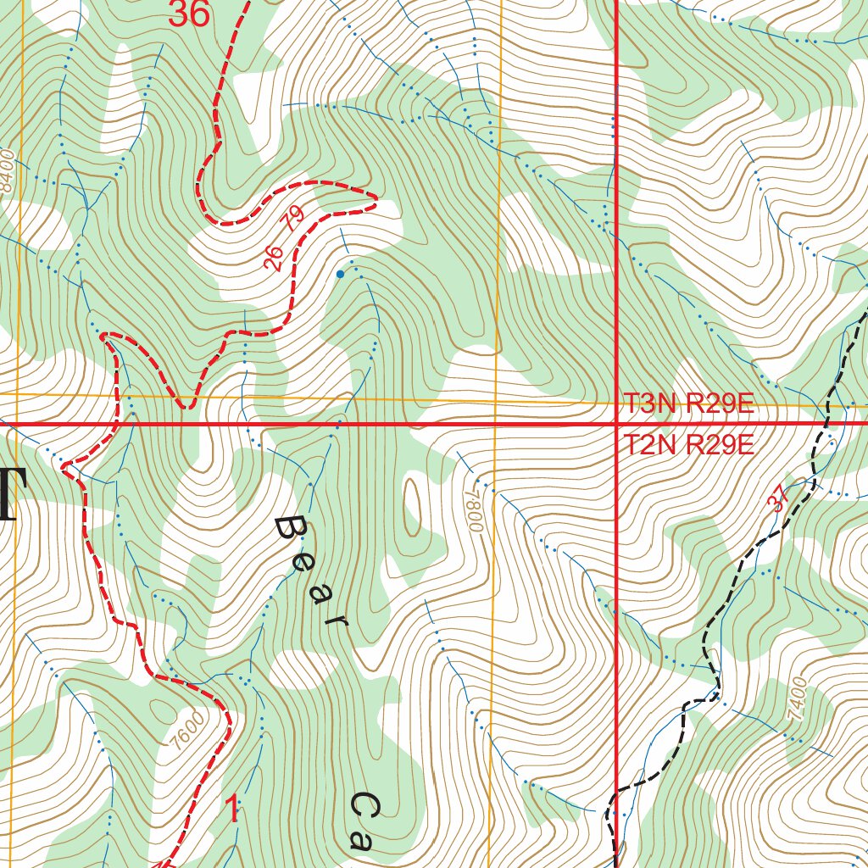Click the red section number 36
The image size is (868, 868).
[188, 14]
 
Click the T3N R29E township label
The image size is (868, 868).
[688, 403]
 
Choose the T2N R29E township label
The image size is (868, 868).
[688, 445]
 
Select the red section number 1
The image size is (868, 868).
[232, 810]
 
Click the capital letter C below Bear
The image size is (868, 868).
[365, 806]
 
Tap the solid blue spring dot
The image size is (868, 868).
[340, 274]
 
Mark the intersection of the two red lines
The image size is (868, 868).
[615, 423]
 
